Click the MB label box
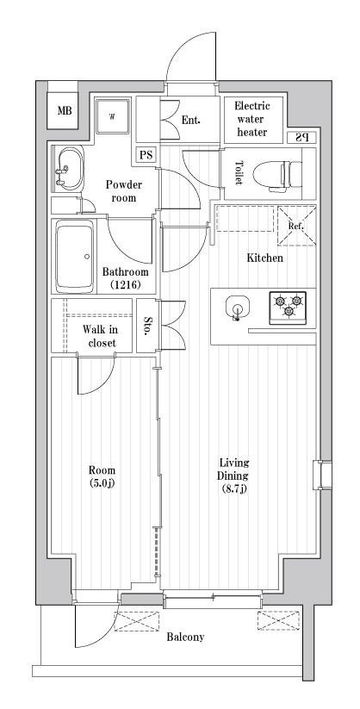(x=65, y=110)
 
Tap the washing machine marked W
(x=113, y=115)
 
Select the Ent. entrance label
(x=191, y=121)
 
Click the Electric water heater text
(x=251, y=120)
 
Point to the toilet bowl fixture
(x=277, y=174)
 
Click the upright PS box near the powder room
(x=146, y=155)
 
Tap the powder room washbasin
(x=69, y=169)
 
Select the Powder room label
(x=123, y=190)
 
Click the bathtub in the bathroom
(x=75, y=257)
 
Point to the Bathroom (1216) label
(x=125, y=278)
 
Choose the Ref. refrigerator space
(x=296, y=226)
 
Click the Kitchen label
(x=264, y=258)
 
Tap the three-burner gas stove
(x=289, y=308)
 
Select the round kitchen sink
(x=237, y=308)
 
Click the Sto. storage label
(x=147, y=326)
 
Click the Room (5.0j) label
(x=102, y=476)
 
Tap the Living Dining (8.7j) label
(x=233, y=476)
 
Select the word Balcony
(x=185, y=637)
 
